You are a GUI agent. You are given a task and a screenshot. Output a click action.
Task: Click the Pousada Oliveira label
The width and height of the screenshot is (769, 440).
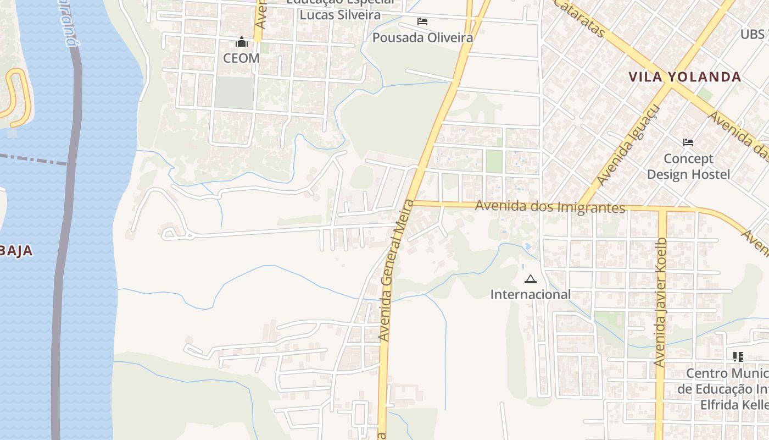click(x=422, y=37)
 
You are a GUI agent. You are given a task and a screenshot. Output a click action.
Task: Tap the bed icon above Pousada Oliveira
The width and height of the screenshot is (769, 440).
click(x=422, y=21)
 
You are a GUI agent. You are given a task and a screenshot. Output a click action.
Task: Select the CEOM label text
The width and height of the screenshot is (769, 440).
click(x=241, y=58)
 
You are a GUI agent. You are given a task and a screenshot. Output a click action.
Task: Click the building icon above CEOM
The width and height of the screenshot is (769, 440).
click(x=241, y=42)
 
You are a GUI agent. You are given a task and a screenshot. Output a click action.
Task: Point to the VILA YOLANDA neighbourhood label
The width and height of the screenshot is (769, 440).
click(x=685, y=77)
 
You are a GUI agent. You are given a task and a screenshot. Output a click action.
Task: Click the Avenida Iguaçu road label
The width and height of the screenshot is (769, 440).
click(x=627, y=145)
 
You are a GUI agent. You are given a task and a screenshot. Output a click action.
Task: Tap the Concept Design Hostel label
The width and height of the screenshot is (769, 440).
click(x=688, y=167)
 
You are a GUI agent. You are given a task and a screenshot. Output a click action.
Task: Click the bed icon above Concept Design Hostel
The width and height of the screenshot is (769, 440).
click(x=688, y=142)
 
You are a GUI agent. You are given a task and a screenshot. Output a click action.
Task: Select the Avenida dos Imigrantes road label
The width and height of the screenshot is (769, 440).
click(x=550, y=207)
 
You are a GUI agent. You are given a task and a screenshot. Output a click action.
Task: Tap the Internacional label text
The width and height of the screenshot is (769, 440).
click(x=530, y=294)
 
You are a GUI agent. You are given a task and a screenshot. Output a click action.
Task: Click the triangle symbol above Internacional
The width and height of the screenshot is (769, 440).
click(x=530, y=279)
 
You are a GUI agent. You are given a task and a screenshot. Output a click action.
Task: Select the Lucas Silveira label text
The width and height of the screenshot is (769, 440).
click(x=339, y=15)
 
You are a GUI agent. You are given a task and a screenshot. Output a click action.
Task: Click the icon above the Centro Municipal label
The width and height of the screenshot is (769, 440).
click(x=738, y=356)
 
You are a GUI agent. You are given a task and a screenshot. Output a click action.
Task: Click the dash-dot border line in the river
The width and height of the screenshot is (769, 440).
click(x=33, y=160)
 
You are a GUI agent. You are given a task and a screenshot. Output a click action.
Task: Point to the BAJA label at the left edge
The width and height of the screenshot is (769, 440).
click(x=16, y=251)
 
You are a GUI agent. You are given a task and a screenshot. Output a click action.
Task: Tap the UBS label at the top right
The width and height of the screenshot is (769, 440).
click(x=753, y=34)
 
